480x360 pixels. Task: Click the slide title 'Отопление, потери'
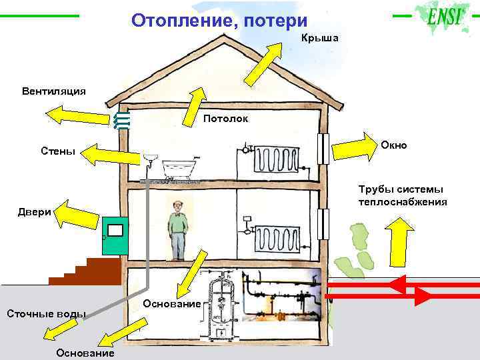pos(219,21)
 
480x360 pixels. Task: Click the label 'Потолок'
pos(226,119)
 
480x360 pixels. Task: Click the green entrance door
pos(113,235)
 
